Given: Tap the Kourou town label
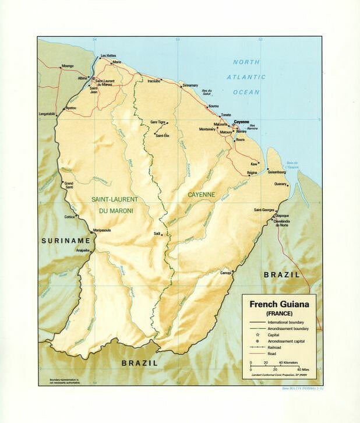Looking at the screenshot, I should coord(213,106).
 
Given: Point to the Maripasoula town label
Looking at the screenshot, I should coord(100,230).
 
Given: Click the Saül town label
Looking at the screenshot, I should coord(157,233).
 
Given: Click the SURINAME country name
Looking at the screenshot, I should coord(65,240).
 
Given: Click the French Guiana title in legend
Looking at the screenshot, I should coord(279,304).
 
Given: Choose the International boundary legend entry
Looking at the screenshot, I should coord(285,322).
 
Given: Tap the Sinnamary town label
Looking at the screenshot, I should coord(190,85).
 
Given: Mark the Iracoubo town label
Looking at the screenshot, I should coord(154,81).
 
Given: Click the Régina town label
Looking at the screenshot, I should coord(252,172).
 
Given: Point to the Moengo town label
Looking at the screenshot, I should coord(69,66).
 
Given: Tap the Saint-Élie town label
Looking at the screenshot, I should coord(162,135).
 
